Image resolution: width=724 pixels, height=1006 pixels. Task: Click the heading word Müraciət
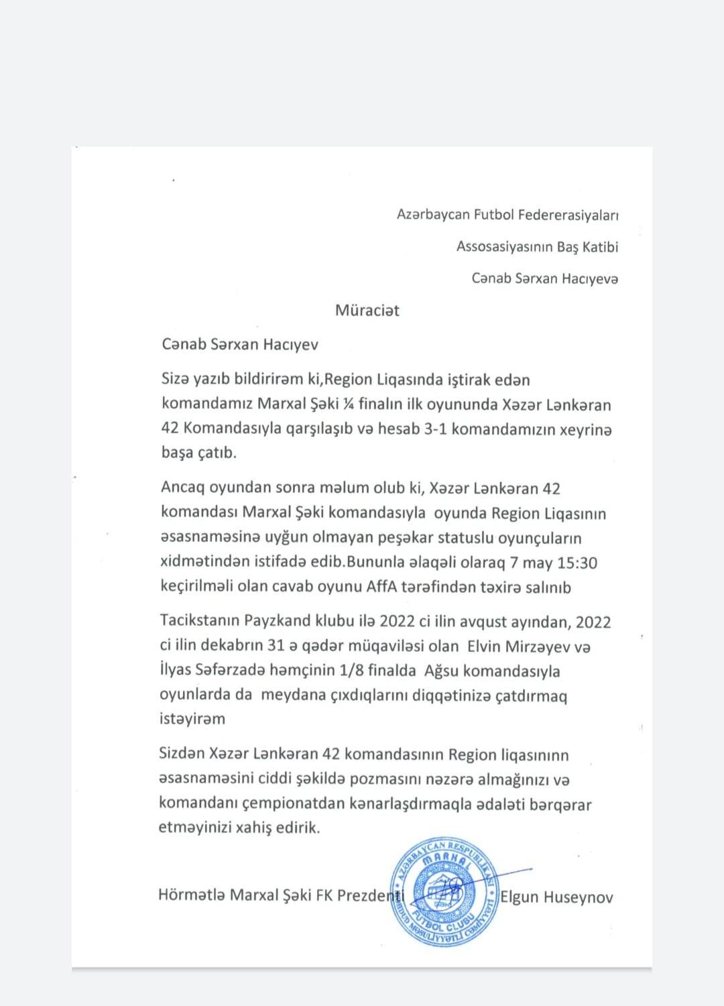point(367,311)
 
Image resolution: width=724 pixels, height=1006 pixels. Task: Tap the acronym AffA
point(381,587)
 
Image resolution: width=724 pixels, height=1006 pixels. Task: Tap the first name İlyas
point(175,671)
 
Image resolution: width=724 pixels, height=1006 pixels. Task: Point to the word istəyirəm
point(192,719)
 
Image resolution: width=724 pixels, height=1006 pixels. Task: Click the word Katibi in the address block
point(601,247)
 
